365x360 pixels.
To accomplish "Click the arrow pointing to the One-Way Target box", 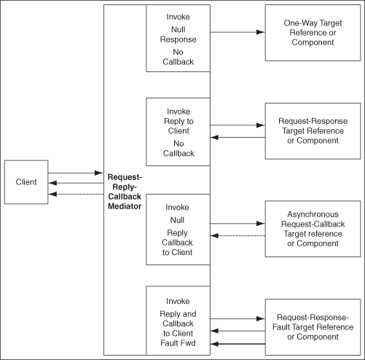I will point(238,33).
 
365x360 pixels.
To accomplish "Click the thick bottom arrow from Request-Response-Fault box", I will point(238,343).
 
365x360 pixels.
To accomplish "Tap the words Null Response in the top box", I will point(178,36).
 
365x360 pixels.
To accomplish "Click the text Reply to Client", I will point(178,125).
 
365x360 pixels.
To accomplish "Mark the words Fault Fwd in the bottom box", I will point(178,342).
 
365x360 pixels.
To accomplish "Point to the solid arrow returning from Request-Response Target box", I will point(238,136).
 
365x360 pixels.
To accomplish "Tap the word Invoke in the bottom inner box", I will point(178,300).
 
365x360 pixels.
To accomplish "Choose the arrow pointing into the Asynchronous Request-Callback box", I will point(238,222).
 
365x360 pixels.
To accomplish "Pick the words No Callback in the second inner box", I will point(178,148).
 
